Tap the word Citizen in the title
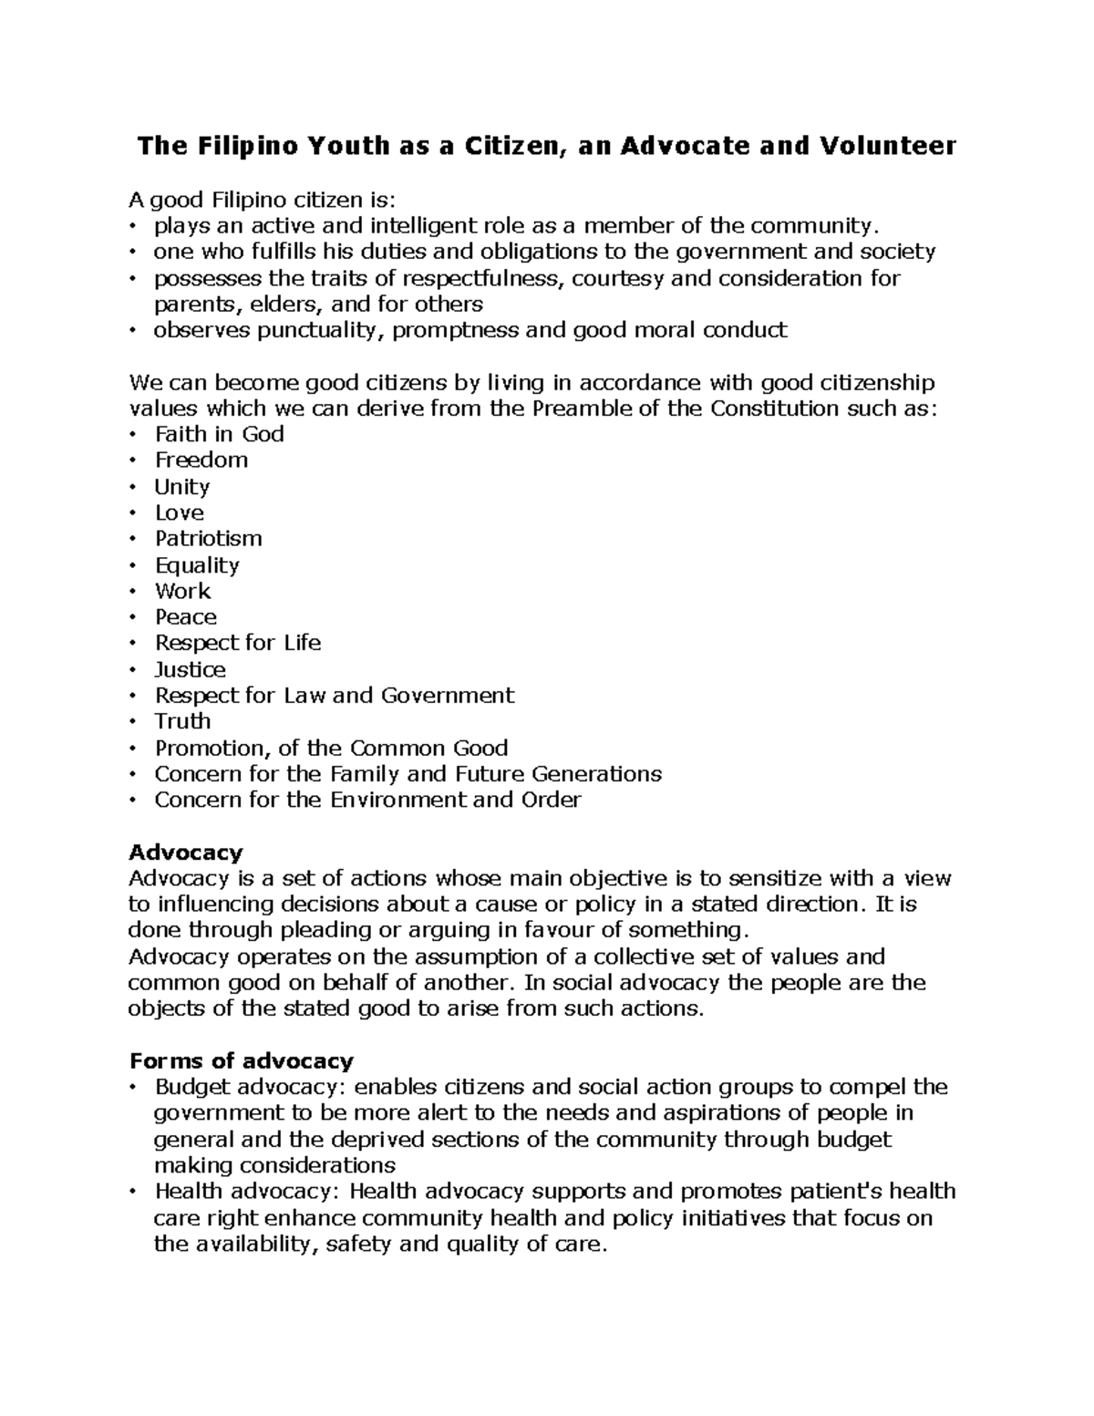511,146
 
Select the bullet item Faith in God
219,434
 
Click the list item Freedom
201,460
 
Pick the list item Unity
182,487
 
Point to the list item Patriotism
208,539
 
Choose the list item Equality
197,565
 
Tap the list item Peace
186,617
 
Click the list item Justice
190,670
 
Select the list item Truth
182,722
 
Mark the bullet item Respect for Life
237,644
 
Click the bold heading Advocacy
186,853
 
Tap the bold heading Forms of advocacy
241,1061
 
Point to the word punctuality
315,330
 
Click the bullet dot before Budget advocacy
133,1088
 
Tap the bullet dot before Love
133,513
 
